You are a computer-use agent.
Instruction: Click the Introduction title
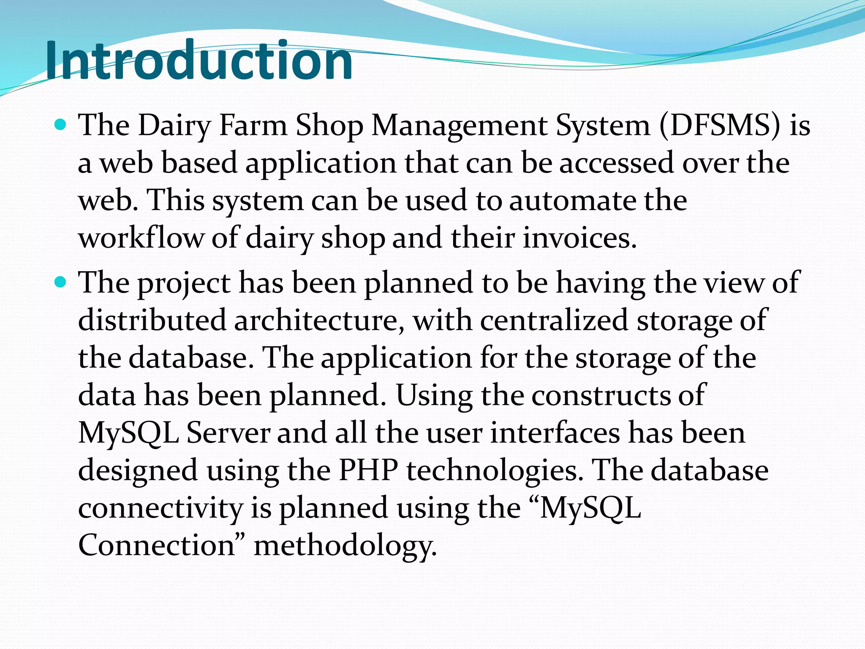(x=199, y=60)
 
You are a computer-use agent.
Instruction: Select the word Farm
(x=253, y=125)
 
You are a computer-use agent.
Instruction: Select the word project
(x=184, y=283)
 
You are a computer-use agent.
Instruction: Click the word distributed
(x=152, y=320)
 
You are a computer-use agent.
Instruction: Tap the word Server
(x=228, y=433)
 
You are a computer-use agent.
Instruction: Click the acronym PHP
(x=368, y=470)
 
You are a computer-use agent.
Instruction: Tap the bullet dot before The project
(x=61, y=282)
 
